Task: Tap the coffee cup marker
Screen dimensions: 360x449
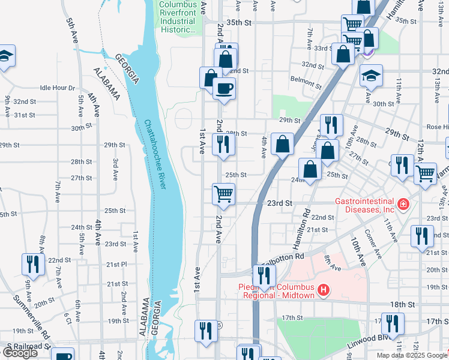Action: coord(224,89)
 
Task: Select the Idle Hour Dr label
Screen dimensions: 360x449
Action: coord(57,88)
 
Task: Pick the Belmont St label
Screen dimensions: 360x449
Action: coord(302,79)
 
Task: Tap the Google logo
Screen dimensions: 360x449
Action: coord(19,353)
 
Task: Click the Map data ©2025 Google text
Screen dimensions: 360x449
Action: coord(412,355)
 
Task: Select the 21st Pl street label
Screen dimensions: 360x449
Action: coord(116,264)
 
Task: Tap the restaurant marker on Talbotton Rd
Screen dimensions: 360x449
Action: coord(264,276)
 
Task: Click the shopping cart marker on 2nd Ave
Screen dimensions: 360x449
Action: coord(223,194)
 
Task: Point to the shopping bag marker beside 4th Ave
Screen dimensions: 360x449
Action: coord(282,144)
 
